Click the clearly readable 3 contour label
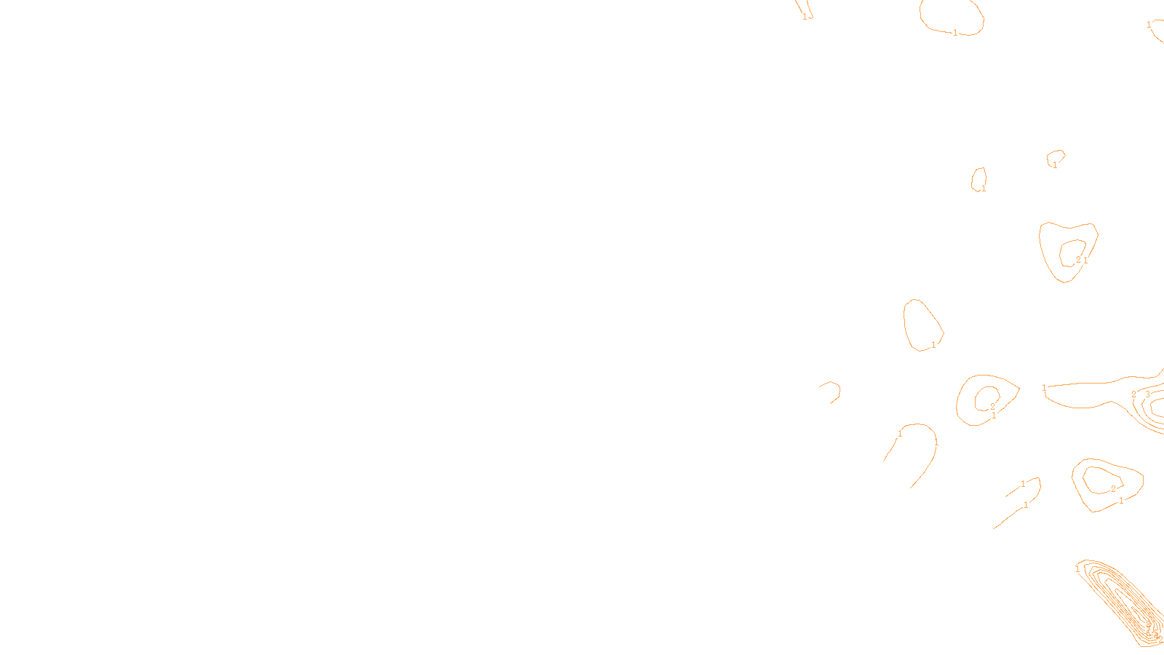(1148, 395)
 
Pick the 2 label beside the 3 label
(1133, 394)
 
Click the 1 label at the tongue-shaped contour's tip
(1044, 388)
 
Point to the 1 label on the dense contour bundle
(1077, 569)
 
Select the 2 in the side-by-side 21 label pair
(1078, 260)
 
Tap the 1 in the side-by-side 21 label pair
(1085, 260)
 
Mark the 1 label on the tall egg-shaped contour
(933, 345)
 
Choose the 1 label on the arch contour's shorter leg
(900, 434)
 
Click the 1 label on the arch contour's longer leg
(936, 442)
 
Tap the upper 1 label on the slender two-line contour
(1023, 484)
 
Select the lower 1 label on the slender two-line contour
(1026, 505)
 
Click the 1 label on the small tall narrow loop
(984, 188)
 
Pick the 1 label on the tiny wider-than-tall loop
(1055, 165)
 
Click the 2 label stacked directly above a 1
(992, 407)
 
